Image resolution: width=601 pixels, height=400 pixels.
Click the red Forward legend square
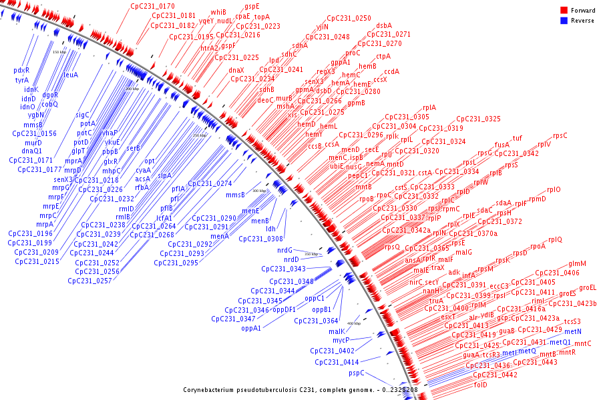564,10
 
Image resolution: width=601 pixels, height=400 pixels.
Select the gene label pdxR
21,71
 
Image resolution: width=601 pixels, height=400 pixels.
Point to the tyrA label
22,80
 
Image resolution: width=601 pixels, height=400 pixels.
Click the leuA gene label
71,75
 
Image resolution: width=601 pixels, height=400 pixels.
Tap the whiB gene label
218,12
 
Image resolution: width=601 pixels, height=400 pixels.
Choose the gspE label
252,6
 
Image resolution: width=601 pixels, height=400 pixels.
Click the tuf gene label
517,139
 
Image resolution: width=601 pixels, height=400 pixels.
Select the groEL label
588,288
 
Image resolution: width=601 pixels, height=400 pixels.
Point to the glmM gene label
577,264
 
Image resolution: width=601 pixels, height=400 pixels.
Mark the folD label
481,385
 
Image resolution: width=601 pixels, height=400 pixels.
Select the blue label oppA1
251,327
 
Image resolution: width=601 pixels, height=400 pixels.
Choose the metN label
573,331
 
